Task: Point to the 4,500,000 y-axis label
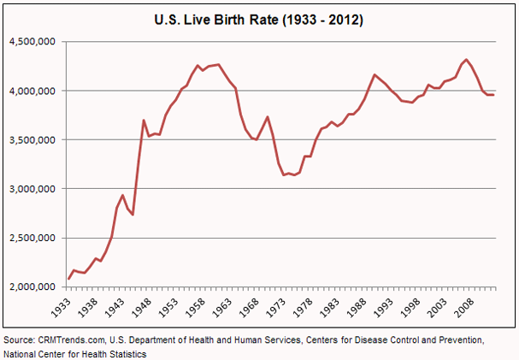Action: [32, 42]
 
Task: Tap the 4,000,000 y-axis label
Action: [32, 91]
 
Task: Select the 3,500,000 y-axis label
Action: [32, 139]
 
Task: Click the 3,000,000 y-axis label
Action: [32, 189]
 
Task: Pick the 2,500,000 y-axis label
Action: [32, 238]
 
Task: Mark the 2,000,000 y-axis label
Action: [32, 287]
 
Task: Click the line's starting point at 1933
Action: [68, 279]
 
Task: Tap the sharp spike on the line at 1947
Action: [144, 120]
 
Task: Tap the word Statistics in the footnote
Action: [124, 353]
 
